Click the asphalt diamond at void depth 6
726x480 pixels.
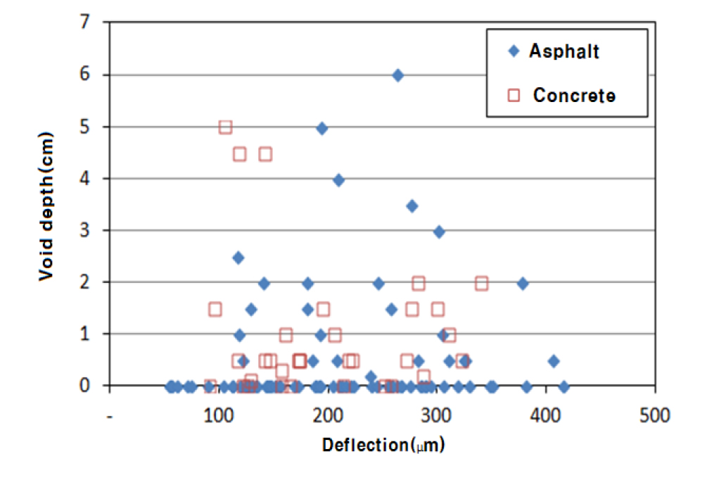(397, 75)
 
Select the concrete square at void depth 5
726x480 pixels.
(225, 127)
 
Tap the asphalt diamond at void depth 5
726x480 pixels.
(321, 128)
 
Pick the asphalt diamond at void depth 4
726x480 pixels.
(338, 180)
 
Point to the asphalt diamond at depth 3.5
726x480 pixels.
(412, 206)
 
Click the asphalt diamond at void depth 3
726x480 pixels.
(439, 232)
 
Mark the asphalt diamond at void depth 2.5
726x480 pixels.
(238, 258)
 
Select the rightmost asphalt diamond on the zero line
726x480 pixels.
(563, 386)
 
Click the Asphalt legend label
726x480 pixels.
(564, 51)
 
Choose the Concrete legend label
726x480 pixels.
(574, 95)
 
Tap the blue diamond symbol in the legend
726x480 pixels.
(514, 51)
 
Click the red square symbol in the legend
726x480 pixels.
(514, 95)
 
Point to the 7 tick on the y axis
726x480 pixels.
(86, 23)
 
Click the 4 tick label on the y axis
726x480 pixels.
(86, 179)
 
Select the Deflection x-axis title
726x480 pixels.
(383, 446)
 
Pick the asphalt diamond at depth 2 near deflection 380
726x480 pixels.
(522, 284)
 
